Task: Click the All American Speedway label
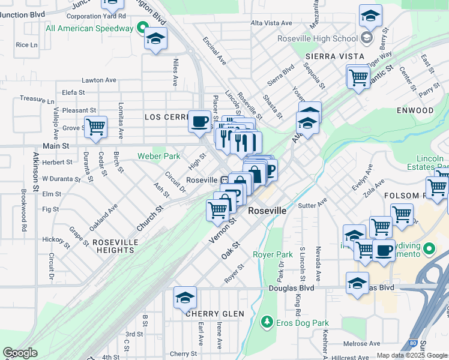[x=89, y=28]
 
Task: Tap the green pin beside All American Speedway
[x=142, y=28]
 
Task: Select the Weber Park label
[x=159, y=156]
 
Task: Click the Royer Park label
[x=273, y=254]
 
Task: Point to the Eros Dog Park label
[x=298, y=322]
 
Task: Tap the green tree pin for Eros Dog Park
[x=267, y=322]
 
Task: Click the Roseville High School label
[x=318, y=39]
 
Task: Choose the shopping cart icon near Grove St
[x=95, y=127]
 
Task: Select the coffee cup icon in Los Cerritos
[x=199, y=122]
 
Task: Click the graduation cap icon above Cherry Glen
[x=185, y=297]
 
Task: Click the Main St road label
[x=56, y=146]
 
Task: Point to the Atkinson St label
[x=37, y=172]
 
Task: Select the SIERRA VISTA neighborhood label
[x=335, y=56]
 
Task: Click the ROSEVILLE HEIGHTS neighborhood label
[x=115, y=242]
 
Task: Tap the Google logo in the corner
[x=20, y=353]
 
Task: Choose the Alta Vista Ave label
[x=271, y=23]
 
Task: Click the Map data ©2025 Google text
[x=412, y=355]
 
